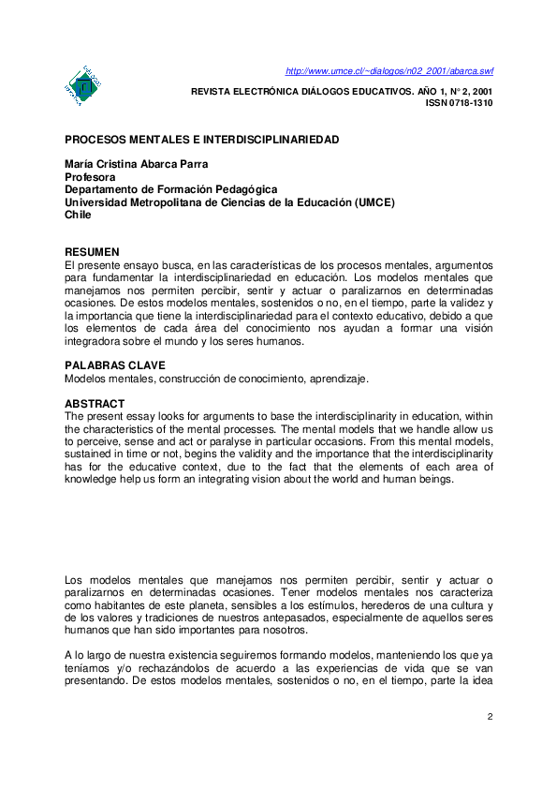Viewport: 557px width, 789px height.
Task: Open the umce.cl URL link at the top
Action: (388, 71)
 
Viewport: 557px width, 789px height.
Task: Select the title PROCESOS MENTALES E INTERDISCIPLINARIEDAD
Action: (201, 140)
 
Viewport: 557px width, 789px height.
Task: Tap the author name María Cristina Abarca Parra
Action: (137, 165)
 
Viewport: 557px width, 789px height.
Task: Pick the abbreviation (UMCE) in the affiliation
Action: (374, 201)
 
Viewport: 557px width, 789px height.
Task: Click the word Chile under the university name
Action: (79, 214)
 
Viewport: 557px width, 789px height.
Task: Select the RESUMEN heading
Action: (92, 253)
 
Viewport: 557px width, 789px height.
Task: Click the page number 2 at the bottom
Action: (489, 717)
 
